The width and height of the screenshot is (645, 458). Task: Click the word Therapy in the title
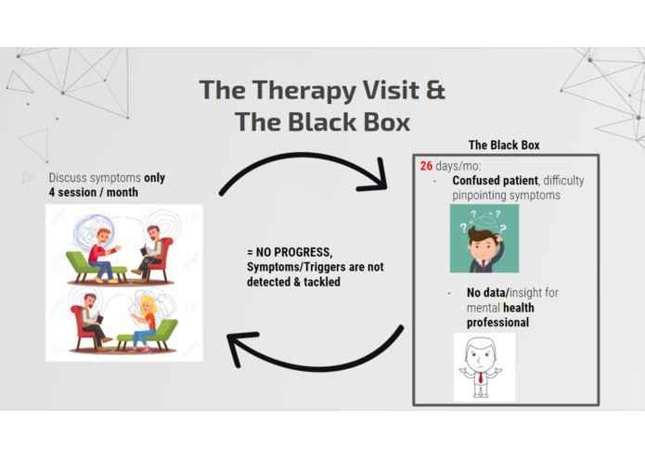click(x=303, y=91)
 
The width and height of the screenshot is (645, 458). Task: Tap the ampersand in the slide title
click(x=435, y=89)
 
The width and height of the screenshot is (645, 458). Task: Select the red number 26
click(x=426, y=166)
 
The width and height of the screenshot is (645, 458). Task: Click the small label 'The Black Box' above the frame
click(x=504, y=145)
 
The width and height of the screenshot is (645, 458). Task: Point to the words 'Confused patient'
click(x=495, y=180)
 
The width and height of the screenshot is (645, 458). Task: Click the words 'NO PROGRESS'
click(x=293, y=252)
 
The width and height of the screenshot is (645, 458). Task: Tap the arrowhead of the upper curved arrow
click(x=373, y=177)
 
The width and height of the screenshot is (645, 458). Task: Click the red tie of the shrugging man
click(x=481, y=377)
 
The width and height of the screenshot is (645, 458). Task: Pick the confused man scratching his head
click(x=484, y=238)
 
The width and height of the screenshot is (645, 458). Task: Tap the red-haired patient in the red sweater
click(x=104, y=256)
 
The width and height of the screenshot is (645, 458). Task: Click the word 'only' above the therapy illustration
click(x=154, y=178)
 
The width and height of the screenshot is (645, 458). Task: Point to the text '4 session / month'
click(x=94, y=192)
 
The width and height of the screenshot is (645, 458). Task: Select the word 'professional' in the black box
click(x=497, y=323)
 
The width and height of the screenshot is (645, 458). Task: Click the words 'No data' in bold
click(x=487, y=293)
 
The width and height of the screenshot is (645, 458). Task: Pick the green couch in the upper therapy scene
click(x=96, y=267)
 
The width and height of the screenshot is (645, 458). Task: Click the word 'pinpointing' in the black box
click(x=478, y=196)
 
